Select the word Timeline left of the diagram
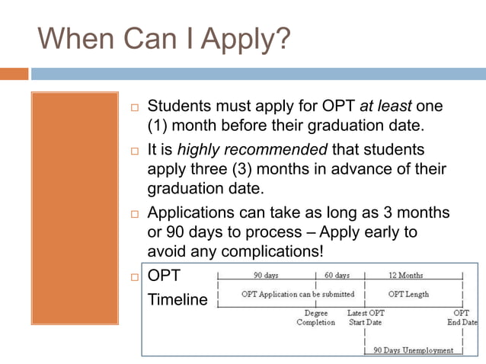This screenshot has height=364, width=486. click(x=177, y=299)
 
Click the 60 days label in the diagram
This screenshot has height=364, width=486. click(x=337, y=275)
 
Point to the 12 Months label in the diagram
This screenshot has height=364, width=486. click(x=405, y=275)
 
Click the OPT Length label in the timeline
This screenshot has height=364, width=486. click(x=408, y=294)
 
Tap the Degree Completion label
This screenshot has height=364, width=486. click(x=315, y=318)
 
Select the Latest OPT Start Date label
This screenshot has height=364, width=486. click(x=366, y=318)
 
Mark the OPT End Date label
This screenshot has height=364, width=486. click(x=462, y=318)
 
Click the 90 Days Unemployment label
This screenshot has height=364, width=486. click(x=413, y=351)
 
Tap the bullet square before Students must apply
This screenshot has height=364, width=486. click(x=132, y=107)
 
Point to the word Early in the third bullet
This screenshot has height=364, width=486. click(x=394, y=232)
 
